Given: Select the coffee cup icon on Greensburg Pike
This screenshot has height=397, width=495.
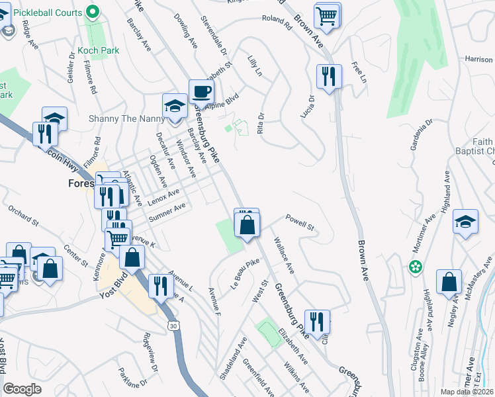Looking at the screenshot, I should [201, 91].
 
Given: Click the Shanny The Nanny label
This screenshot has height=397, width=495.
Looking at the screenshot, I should [125, 119].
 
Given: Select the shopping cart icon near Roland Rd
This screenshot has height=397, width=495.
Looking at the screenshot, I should [328, 15].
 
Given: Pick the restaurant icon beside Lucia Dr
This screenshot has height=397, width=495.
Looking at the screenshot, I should [328, 77].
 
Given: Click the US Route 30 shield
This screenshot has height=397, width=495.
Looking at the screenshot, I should [173, 325].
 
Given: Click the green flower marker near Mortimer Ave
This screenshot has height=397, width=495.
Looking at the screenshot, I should [415, 268].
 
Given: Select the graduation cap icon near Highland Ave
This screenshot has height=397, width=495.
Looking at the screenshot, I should [465, 222].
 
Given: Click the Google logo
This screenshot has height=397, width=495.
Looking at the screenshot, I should [22, 389].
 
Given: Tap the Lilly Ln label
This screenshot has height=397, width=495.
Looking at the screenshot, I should [255, 66].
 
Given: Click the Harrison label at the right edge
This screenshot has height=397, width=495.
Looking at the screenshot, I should [479, 60].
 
